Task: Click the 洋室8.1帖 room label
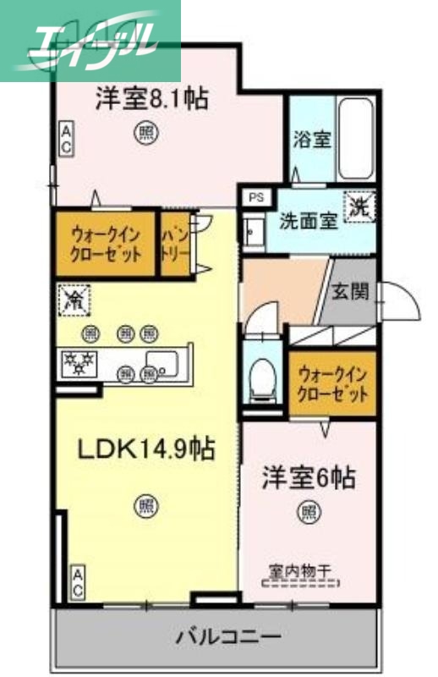click(152, 99)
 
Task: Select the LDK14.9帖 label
click(145, 448)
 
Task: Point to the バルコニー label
click(228, 634)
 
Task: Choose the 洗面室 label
click(309, 222)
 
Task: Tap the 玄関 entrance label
click(349, 293)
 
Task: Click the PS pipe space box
click(255, 197)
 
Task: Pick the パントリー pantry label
click(174, 244)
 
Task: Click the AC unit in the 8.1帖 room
click(65, 139)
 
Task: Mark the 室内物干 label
click(300, 573)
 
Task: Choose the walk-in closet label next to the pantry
click(105, 244)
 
